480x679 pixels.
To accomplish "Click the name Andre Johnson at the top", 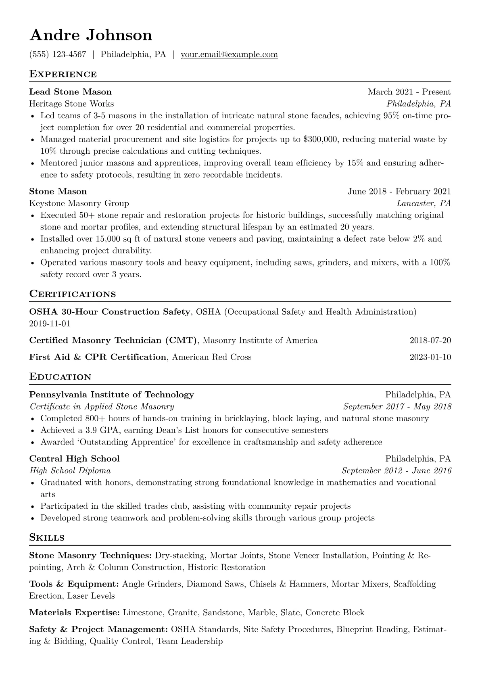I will coord(91,36).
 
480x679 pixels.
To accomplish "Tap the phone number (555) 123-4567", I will coord(58,54).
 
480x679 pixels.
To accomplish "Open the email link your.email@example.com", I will coord(229,54).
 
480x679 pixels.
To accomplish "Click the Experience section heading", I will coord(63,74).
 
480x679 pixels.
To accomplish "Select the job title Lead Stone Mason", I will coord(70,92).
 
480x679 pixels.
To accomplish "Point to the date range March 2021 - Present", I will coord(409,92).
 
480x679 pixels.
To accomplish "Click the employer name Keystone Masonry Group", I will coord(79,203).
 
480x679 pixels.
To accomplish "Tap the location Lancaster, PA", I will coord(424,203).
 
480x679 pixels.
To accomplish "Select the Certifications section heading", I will coord(73,294).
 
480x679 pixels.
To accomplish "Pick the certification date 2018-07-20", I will coord(430,341).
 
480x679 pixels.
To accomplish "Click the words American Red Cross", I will coord(212,357).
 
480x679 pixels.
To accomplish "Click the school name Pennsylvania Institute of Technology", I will coord(112,395).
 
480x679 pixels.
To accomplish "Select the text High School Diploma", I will coord(70,471).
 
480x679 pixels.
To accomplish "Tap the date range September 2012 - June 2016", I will coord(396,471).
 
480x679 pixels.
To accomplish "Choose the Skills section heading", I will coord(47,538).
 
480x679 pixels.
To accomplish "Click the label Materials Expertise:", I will coord(74,613).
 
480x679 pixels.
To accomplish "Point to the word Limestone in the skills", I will coord(143,613).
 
